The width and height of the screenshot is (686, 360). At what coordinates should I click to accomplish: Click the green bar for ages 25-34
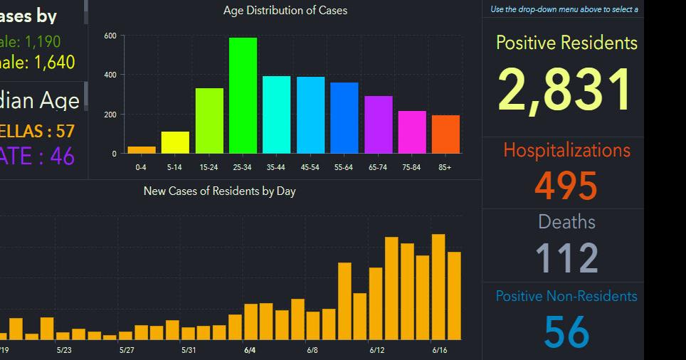click(x=243, y=95)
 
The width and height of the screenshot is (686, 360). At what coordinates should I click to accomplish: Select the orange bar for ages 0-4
click(x=142, y=149)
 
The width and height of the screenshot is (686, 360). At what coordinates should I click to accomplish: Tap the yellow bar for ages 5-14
click(x=175, y=142)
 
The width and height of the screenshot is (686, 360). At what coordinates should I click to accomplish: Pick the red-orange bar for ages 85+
click(x=445, y=134)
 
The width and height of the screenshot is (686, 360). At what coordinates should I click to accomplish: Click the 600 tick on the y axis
click(x=110, y=36)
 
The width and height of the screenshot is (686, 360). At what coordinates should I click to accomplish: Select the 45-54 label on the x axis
click(x=310, y=167)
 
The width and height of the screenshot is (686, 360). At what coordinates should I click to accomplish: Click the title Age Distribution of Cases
click(x=285, y=11)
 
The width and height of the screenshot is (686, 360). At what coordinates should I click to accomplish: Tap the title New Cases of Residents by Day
click(x=219, y=191)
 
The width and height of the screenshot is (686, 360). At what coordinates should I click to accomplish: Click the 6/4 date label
click(x=250, y=350)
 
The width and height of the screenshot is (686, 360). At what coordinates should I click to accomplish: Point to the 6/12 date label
click(x=376, y=350)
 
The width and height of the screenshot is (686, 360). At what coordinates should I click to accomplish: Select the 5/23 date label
click(x=63, y=350)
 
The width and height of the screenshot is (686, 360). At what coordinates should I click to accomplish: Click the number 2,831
click(x=566, y=90)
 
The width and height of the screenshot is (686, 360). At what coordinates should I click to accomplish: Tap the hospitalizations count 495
click(x=566, y=186)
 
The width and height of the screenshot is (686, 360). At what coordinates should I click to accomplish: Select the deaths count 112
click(x=566, y=258)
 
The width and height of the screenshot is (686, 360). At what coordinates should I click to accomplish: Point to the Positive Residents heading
click(x=566, y=43)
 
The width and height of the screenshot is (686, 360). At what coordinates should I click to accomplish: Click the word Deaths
click(x=566, y=222)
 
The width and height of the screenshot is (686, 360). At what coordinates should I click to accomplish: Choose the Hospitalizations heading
click(x=566, y=150)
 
